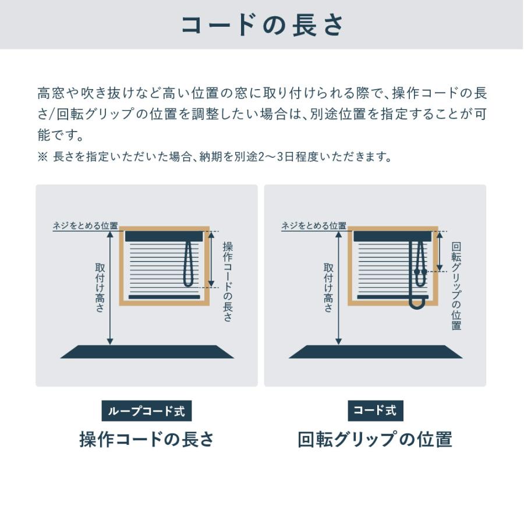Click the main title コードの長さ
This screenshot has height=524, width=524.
(x=263, y=25)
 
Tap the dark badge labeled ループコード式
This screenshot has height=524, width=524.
(x=146, y=410)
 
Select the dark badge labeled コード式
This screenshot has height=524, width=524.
(x=375, y=410)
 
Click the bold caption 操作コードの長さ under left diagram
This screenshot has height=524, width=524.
(x=147, y=439)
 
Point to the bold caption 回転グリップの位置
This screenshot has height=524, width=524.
(x=375, y=439)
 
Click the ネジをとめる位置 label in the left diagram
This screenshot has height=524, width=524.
(x=86, y=226)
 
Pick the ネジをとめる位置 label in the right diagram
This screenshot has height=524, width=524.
(x=314, y=226)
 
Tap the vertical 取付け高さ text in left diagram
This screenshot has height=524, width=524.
(x=100, y=287)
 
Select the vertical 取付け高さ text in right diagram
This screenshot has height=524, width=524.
(x=328, y=287)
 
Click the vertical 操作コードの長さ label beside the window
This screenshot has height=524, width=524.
(x=228, y=281)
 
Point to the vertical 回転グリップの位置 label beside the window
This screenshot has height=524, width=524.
(x=456, y=285)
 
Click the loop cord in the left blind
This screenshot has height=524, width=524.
(x=188, y=265)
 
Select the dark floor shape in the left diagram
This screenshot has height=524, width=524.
(x=147, y=352)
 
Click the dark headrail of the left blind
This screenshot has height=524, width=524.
(x=164, y=236)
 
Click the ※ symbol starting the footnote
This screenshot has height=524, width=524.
(x=42, y=157)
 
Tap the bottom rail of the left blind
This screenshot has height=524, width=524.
(x=164, y=297)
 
